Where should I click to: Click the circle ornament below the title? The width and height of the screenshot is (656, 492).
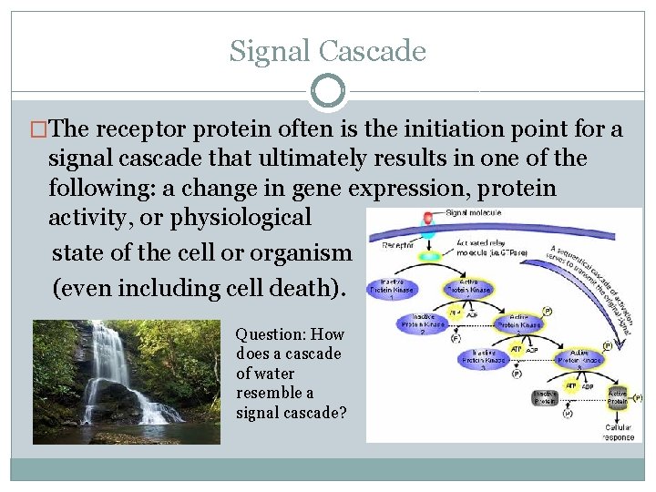click(x=328, y=91)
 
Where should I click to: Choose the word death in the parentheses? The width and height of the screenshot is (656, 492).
click(x=305, y=288)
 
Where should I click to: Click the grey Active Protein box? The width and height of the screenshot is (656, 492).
click(x=618, y=396)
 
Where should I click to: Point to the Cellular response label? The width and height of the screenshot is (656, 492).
click(x=619, y=432)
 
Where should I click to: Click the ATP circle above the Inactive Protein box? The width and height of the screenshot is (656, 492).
click(x=571, y=385)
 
